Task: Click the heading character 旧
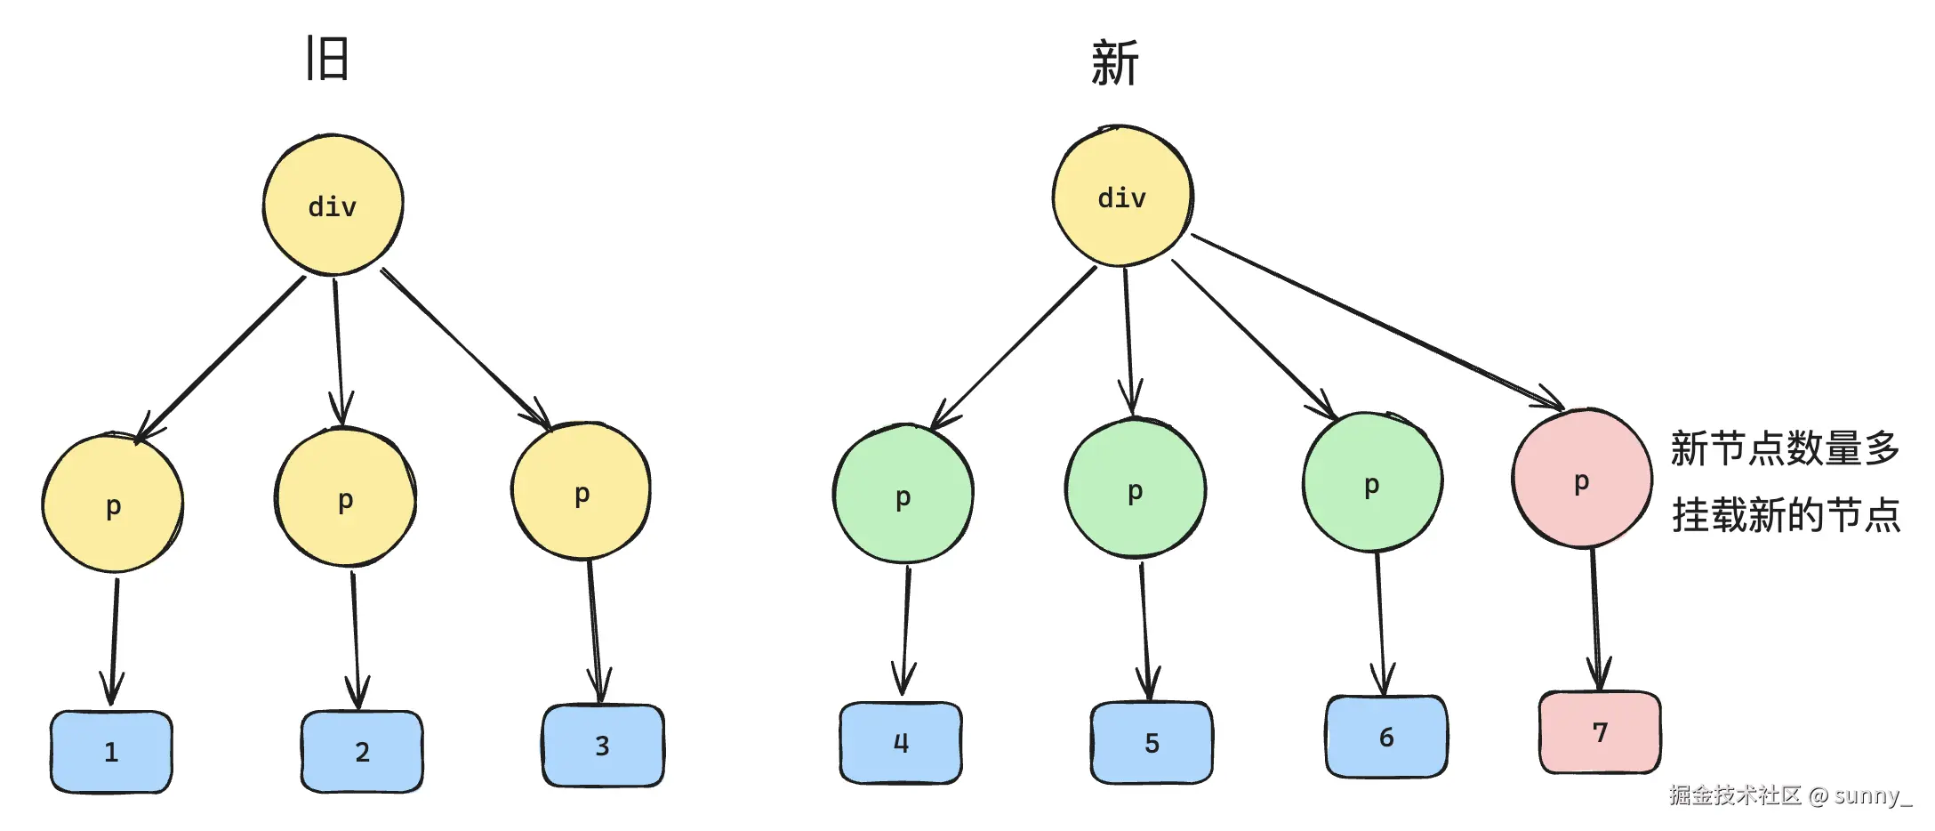coord(327,59)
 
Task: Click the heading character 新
coord(1114,63)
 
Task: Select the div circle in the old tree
coord(333,206)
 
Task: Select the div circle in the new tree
coord(1122,197)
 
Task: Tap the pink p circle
coord(1581,480)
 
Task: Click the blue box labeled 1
coord(111,752)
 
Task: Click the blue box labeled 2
coord(362,752)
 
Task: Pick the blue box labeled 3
coord(603,746)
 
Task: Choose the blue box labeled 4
coord(901,743)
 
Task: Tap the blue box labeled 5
coord(1152,743)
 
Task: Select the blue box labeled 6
coord(1386,737)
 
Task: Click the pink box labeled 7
coord(1600,732)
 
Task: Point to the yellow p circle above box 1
coord(113,504)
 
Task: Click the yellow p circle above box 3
coord(582,492)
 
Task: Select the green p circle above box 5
coord(1135,489)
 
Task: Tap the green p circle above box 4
coord(903,496)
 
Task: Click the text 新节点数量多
coord(1785,448)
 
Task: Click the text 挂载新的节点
coord(1786,515)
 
